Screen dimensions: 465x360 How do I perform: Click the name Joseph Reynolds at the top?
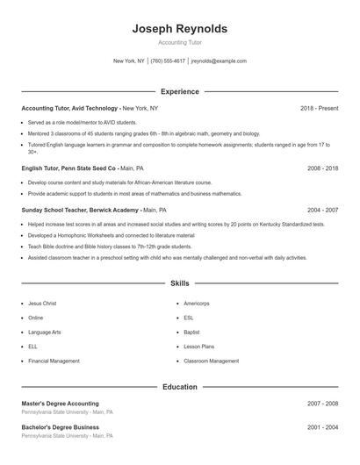179,28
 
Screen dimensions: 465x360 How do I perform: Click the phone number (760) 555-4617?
168,61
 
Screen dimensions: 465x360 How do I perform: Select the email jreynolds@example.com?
219,61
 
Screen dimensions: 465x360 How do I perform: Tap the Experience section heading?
179,91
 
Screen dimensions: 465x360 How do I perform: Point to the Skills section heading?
179,283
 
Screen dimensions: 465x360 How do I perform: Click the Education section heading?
179,386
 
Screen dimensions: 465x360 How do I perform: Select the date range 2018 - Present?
319,108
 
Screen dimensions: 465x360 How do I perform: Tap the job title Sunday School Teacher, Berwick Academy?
77,211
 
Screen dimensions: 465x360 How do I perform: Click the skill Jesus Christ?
42,303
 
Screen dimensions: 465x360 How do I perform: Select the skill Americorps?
197,303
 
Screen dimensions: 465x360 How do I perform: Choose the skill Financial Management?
54,361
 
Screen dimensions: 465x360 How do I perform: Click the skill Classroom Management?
211,361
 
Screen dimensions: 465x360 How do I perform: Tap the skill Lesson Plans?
198,347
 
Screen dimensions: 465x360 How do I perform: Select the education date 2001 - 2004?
322,427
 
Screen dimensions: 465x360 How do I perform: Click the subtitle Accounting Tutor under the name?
179,42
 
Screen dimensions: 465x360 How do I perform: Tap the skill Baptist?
192,332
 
